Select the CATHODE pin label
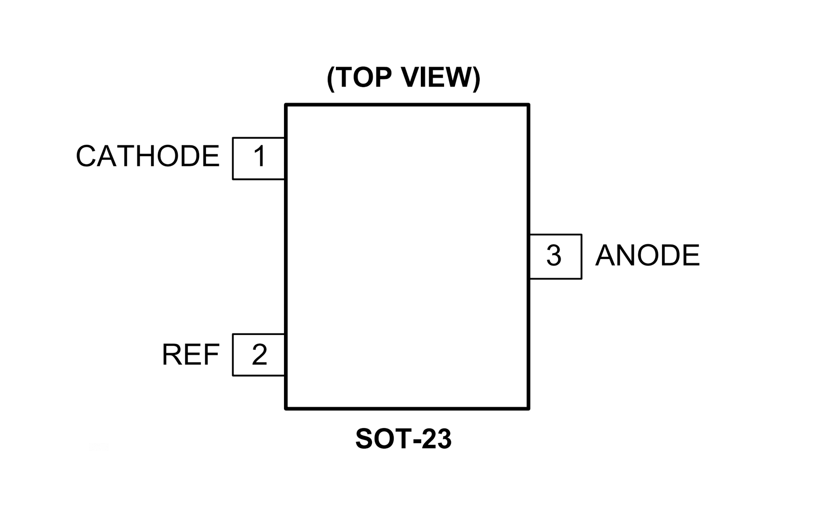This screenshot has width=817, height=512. [147, 156]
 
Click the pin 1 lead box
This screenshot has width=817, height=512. [259, 158]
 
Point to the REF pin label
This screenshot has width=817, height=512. [190, 355]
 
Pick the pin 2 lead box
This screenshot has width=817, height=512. [259, 355]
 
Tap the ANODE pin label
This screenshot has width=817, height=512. [647, 256]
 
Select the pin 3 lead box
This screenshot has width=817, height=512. [555, 256]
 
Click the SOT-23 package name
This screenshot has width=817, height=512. [403, 439]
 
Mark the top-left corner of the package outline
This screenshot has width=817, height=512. [286, 105]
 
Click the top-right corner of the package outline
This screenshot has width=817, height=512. [529, 105]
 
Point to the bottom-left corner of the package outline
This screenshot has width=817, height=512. [286, 409]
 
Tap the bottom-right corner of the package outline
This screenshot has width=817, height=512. [529, 409]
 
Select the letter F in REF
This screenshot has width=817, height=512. [212, 355]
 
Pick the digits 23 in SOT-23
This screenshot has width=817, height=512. [436, 439]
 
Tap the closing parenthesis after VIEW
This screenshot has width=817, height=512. [476, 78]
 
